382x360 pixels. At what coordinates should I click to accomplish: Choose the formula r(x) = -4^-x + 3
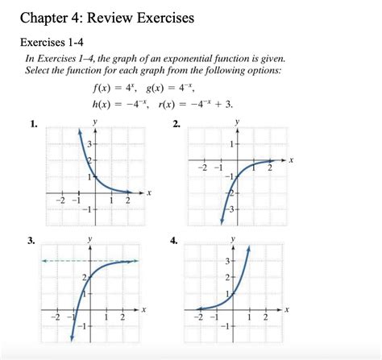tap(197, 105)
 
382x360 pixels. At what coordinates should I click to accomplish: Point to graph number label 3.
tap(33, 241)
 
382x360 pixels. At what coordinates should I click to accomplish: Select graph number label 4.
tap(177, 241)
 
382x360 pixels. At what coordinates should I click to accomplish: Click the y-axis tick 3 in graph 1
tap(89, 143)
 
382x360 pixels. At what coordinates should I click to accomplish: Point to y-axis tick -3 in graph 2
tap(230, 209)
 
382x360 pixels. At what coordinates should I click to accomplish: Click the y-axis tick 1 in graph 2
tap(231, 144)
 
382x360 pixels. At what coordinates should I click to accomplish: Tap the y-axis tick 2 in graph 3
tap(85, 277)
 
